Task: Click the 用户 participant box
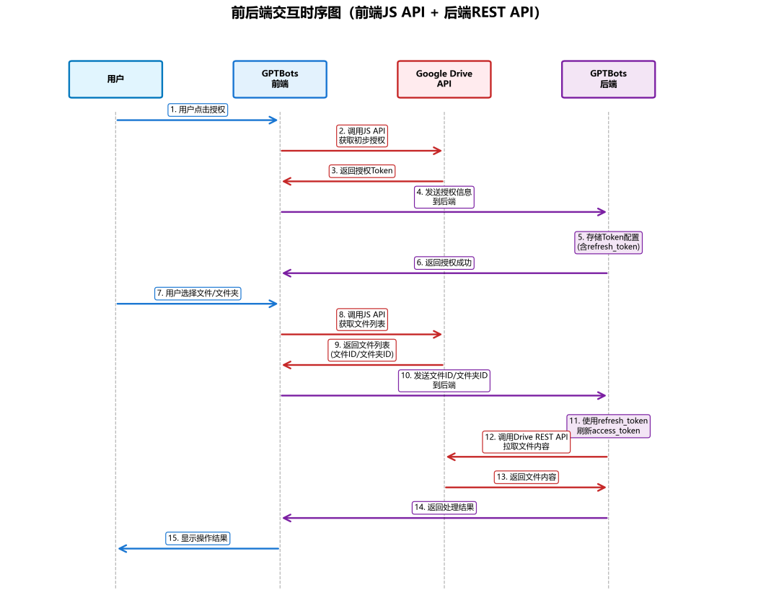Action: (115, 79)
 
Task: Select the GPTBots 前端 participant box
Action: (280, 79)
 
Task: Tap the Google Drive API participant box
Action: (444, 79)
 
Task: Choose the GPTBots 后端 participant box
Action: (608, 79)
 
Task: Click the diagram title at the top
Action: (385, 13)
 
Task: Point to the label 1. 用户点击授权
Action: (198, 110)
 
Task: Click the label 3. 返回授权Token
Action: (363, 171)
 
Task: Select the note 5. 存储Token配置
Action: (608, 242)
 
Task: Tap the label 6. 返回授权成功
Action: (444, 263)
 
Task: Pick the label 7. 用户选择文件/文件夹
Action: (198, 294)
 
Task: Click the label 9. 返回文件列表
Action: (362, 350)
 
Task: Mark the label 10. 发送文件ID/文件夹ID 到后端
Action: (444, 380)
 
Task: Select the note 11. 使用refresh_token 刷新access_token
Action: (608, 426)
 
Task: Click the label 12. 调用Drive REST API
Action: (527, 441)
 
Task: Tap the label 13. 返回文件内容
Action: (527, 477)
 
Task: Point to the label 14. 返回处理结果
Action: (444, 507)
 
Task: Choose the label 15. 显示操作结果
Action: (198, 538)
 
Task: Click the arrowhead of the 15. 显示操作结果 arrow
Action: (120, 549)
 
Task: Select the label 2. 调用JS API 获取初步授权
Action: (362, 136)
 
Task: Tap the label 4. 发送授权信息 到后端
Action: (444, 197)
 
